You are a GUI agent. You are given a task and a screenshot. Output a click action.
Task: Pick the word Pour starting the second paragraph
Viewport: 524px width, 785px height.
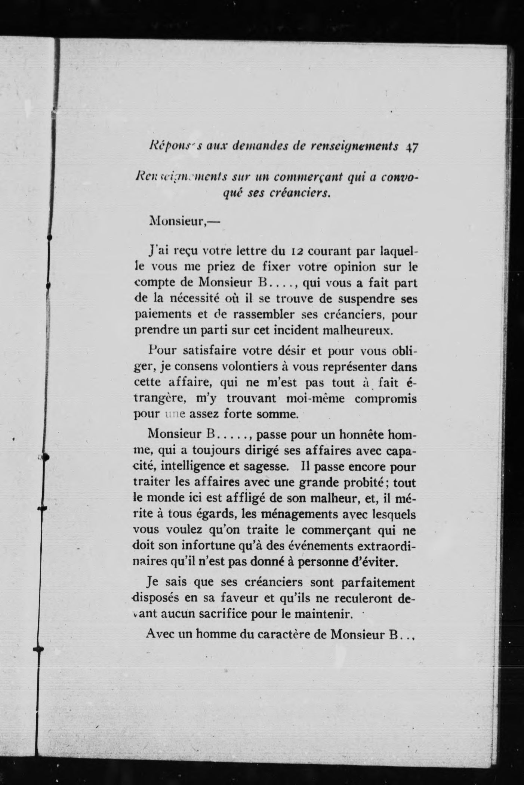click(160, 351)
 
